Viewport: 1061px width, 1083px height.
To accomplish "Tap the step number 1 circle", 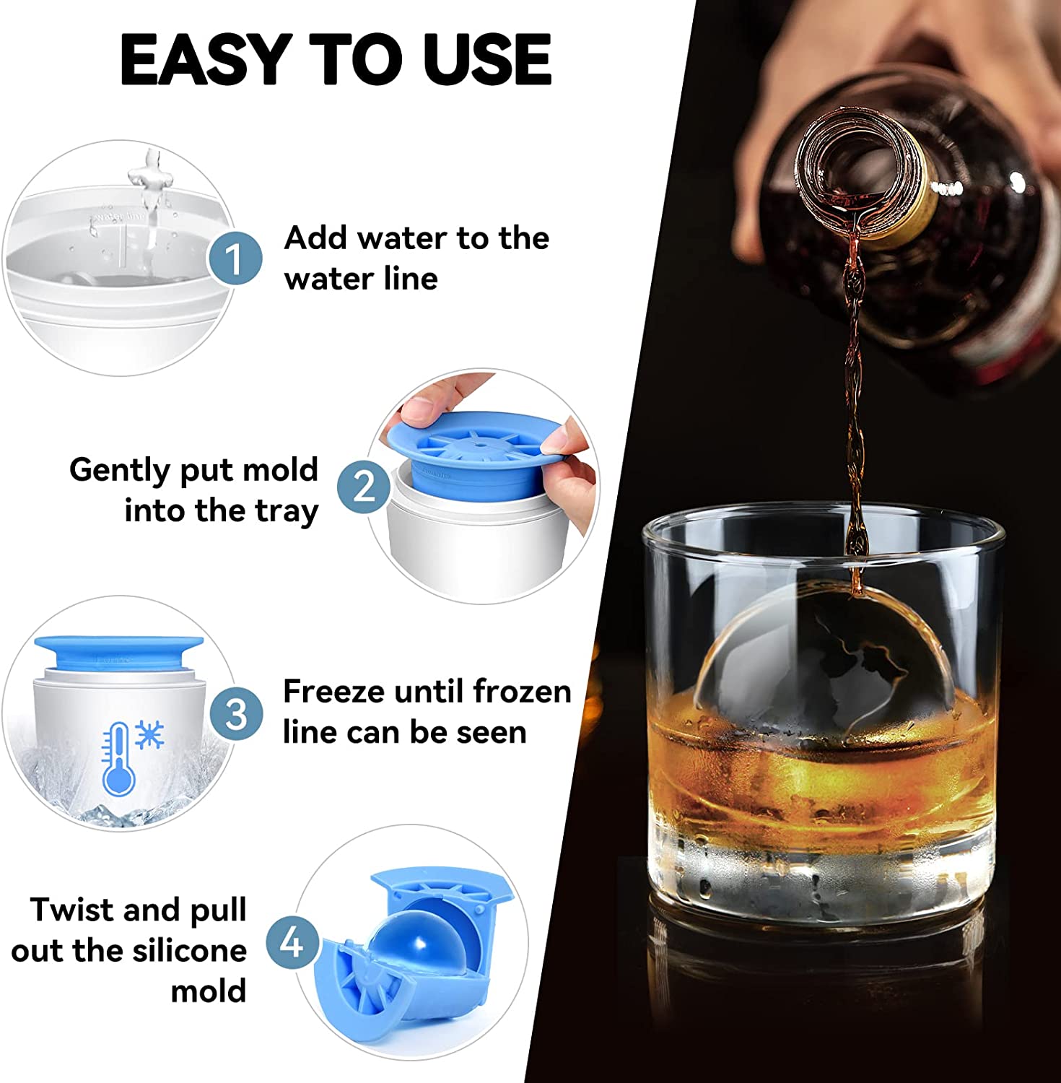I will tap(235, 258).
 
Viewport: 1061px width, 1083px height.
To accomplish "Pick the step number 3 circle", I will tap(237, 714).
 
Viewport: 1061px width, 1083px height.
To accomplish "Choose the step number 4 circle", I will tap(292, 942).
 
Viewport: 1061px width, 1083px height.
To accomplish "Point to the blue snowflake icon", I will tap(149, 735).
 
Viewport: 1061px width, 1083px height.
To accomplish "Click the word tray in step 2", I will tap(287, 511).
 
